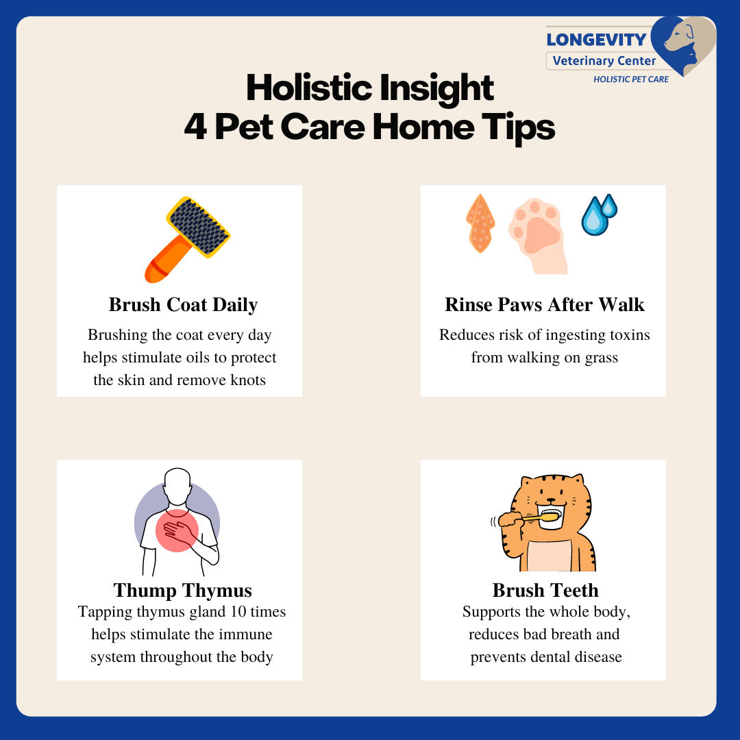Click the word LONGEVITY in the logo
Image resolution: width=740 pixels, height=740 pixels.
596,40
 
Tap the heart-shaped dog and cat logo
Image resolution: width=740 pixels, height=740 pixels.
682,45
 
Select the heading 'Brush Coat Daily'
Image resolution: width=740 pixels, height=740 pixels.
183,304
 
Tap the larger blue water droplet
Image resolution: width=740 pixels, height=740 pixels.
593,217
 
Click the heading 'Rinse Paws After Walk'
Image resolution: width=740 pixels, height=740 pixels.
545,304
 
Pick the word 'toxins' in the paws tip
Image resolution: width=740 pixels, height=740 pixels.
625,335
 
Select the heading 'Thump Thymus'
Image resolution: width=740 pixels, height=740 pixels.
183,590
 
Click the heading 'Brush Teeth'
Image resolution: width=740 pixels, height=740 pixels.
545,590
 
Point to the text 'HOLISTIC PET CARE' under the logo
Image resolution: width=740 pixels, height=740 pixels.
631,79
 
